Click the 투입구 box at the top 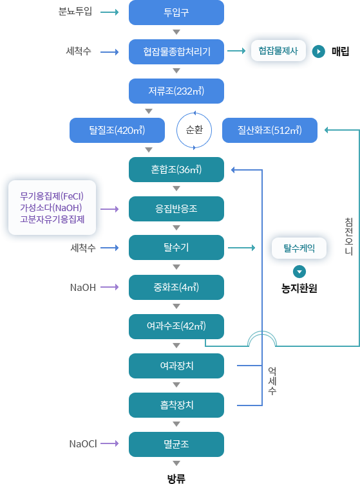(176, 12)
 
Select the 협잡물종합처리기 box (176, 51)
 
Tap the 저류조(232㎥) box (176, 90)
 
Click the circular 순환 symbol (194, 130)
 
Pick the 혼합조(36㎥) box (176, 169)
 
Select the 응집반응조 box (176, 209)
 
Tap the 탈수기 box (176, 247)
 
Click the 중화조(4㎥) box (176, 287)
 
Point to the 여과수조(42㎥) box (176, 326)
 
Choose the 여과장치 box (176, 366)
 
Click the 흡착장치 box (176, 405)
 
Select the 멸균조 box (176, 444)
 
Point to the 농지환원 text (299, 288)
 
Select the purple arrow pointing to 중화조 (110, 287)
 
